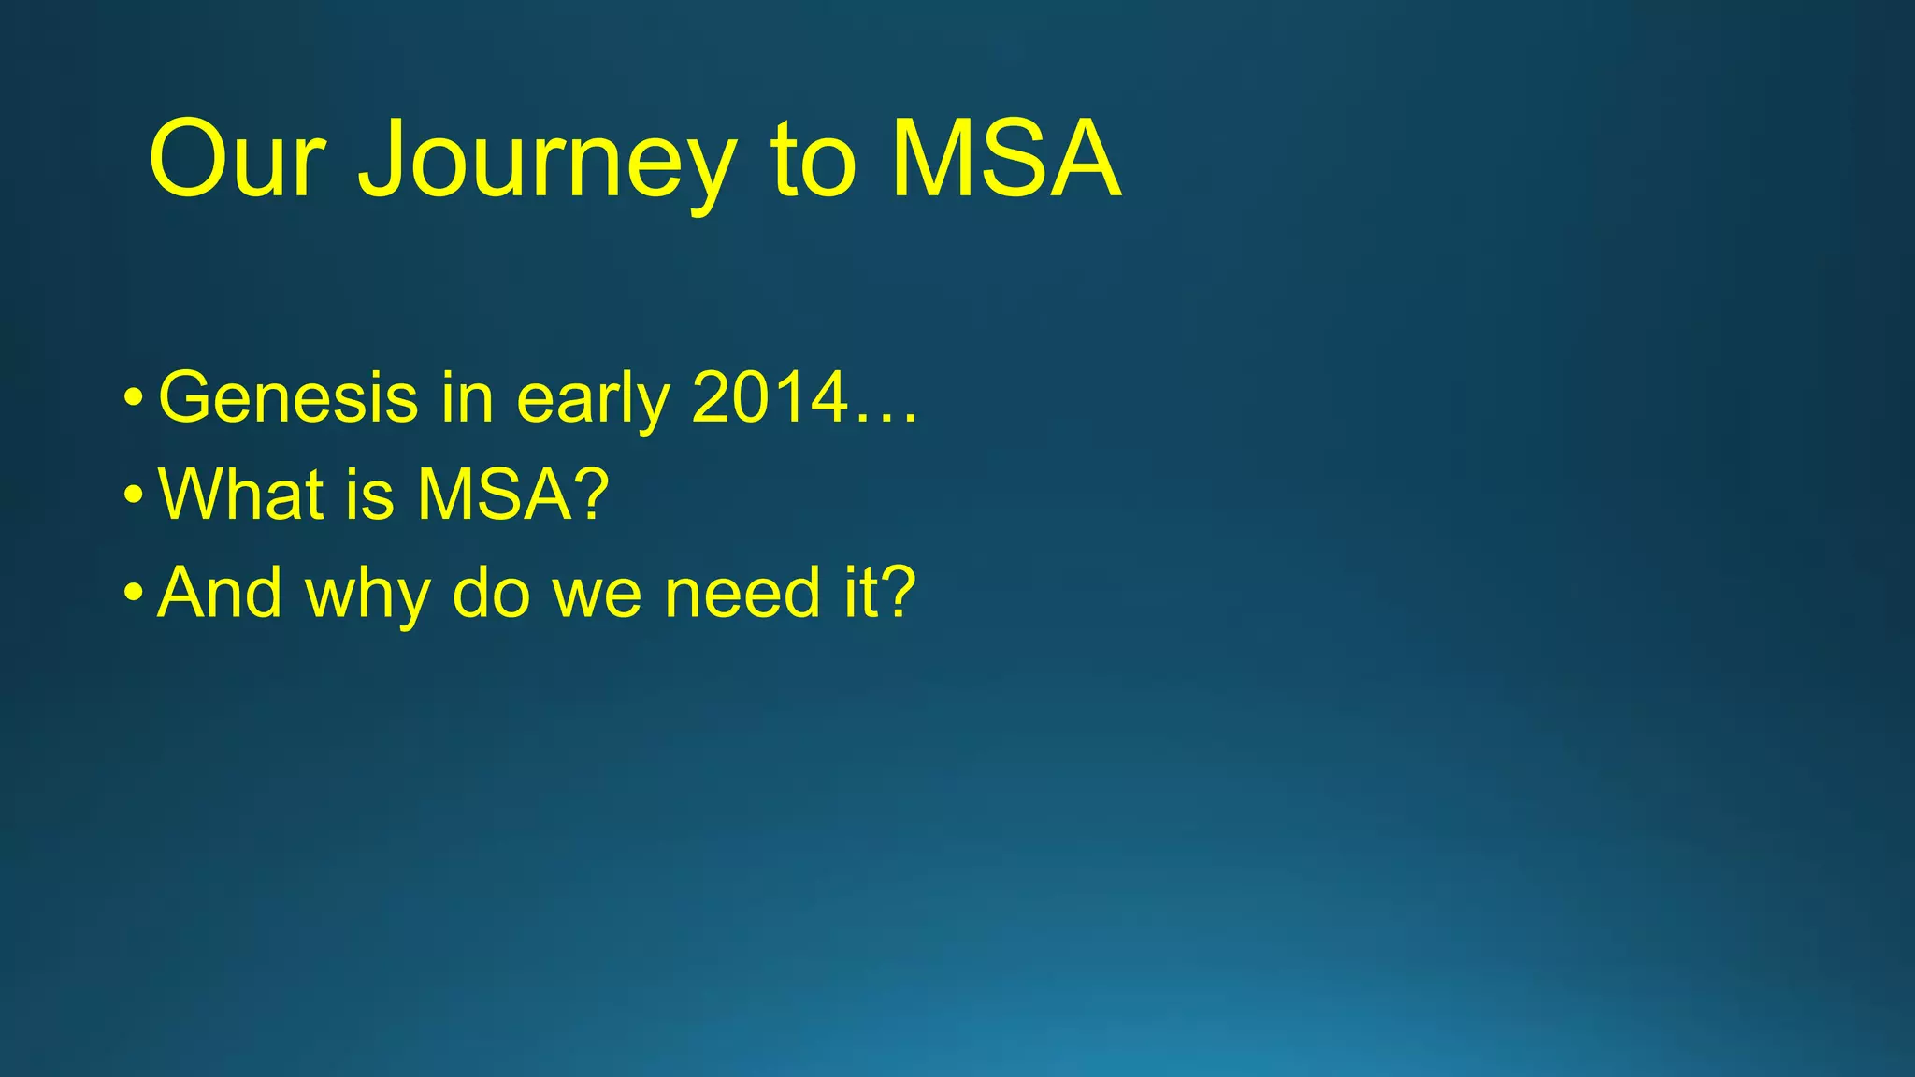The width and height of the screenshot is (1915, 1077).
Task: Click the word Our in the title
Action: pyautogui.click(x=237, y=161)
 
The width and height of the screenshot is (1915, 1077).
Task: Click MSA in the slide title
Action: pyautogui.click(x=1005, y=161)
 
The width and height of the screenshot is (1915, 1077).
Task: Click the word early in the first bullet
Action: pyautogui.click(x=593, y=398)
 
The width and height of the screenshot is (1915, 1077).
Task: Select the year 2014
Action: pyautogui.click(x=769, y=398)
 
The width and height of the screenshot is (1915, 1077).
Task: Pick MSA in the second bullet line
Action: pyautogui.click(x=494, y=495)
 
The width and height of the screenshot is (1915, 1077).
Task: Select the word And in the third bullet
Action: pyautogui.click(x=220, y=593)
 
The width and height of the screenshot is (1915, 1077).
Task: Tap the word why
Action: pyautogui.click(x=367, y=593)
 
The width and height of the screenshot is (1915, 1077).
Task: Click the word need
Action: pyautogui.click(x=742, y=593)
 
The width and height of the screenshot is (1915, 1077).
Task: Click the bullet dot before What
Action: pyautogui.click(x=134, y=496)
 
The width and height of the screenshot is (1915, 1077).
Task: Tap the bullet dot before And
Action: pyautogui.click(x=134, y=595)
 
